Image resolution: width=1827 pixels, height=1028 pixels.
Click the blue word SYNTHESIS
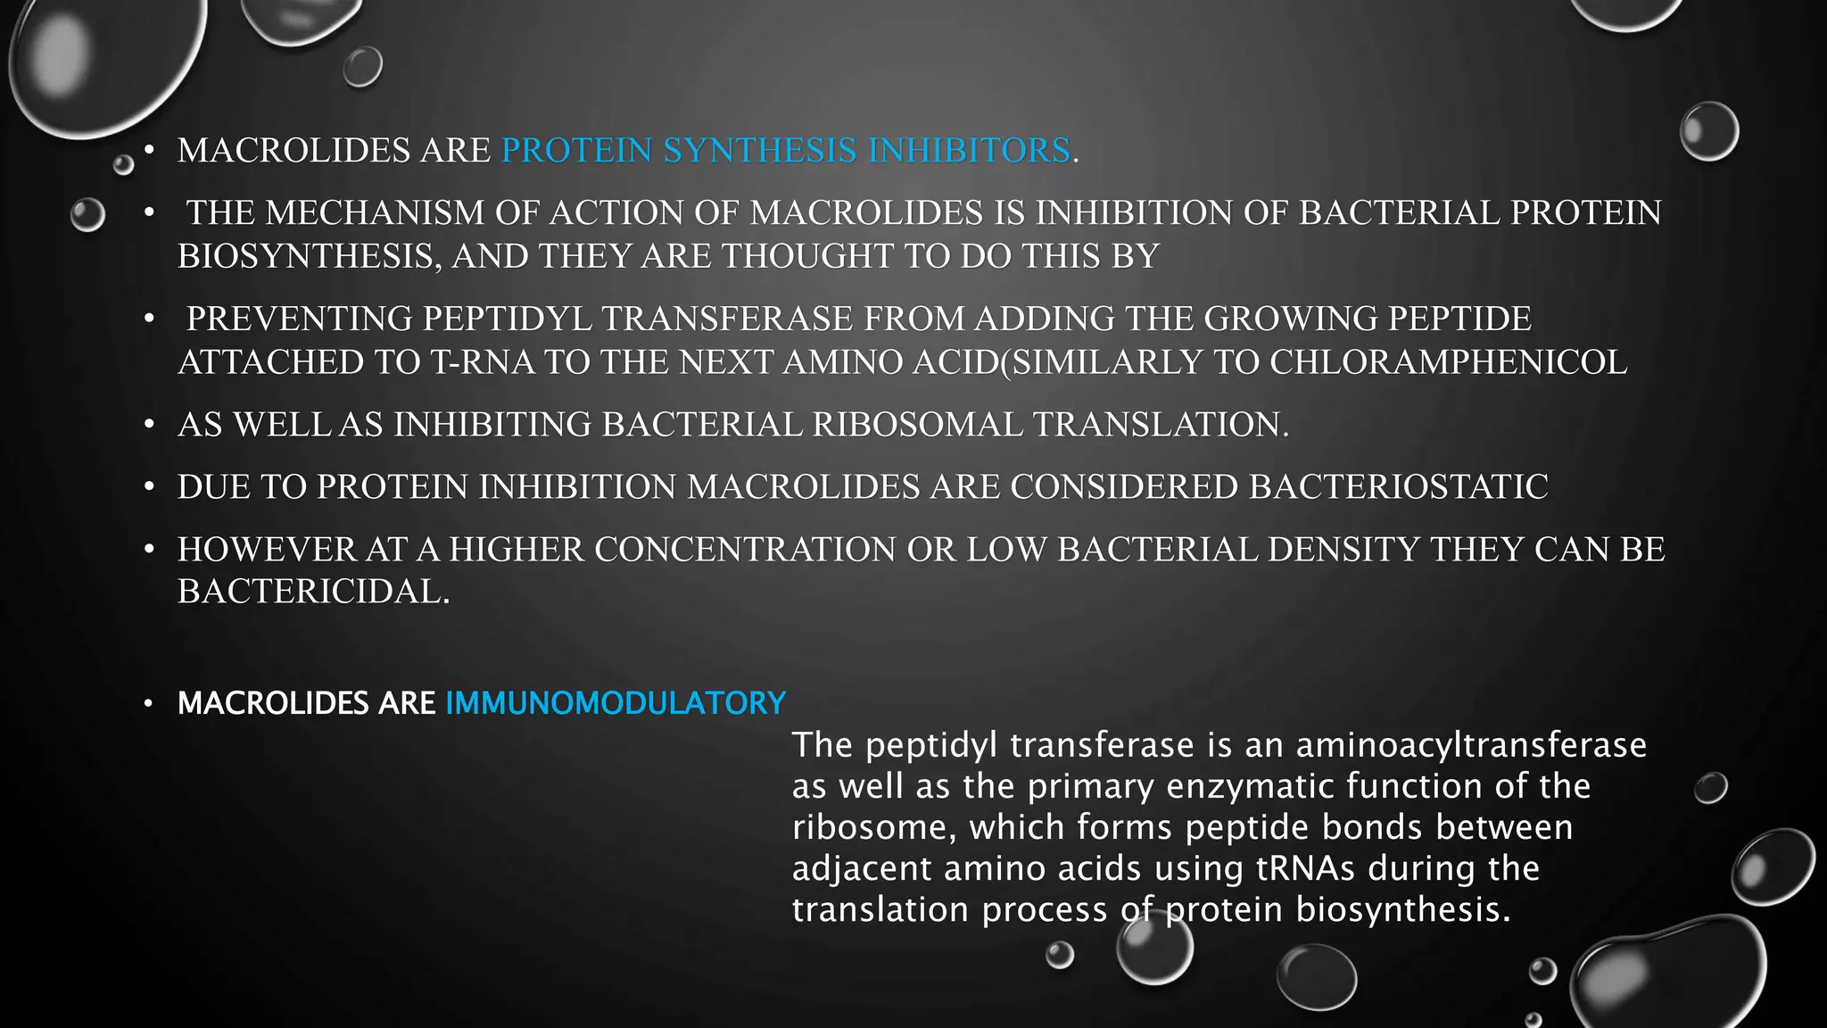point(759,151)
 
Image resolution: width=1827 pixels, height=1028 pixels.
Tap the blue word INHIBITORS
point(969,151)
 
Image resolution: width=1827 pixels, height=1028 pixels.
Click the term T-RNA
point(483,362)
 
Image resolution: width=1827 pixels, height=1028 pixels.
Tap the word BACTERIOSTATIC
point(1398,487)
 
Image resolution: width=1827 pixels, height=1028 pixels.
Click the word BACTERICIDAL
point(313,592)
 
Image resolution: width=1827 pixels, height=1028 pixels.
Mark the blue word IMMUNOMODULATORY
point(616,703)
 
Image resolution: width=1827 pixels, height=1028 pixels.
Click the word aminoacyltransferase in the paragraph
point(1471,745)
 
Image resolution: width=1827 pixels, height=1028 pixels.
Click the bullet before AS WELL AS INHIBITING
point(150,424)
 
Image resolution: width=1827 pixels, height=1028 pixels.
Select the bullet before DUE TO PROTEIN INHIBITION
point(150,486)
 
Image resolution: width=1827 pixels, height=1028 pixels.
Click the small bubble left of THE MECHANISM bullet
point(87,215)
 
